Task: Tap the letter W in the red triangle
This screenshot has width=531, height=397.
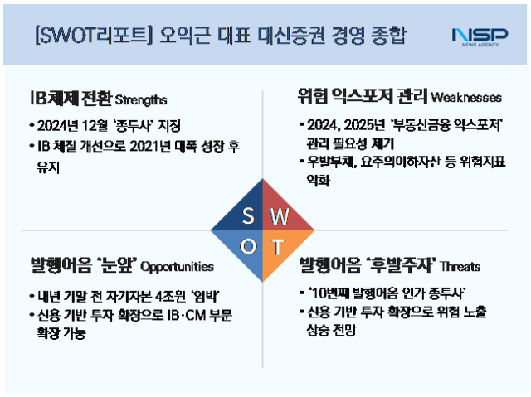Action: (280, 217)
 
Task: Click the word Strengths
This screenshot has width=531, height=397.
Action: (141, 100)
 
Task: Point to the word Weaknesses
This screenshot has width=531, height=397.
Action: (466, 98)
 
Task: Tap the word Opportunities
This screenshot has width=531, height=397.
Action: (177, 268)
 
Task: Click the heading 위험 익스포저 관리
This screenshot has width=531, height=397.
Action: (362, 97)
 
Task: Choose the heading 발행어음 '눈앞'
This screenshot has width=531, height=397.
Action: (82, 266)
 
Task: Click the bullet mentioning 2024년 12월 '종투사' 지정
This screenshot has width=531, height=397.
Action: (108, 126)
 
